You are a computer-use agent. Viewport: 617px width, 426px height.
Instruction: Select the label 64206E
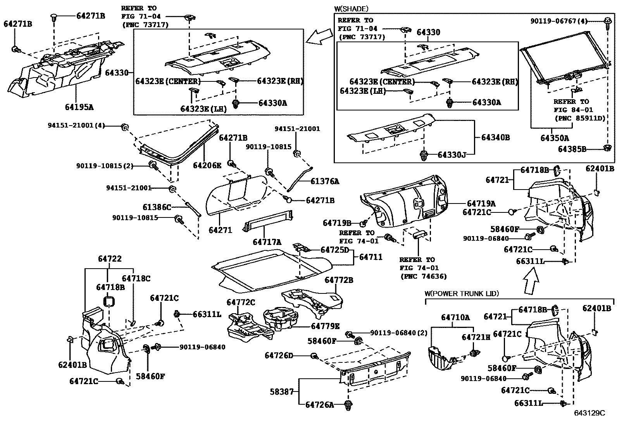click(207, 166)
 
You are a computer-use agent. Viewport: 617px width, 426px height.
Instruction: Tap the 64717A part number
click(267, 242)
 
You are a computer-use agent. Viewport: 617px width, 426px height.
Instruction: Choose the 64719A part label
click(481, 204)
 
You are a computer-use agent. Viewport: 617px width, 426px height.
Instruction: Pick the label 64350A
click(555, 138)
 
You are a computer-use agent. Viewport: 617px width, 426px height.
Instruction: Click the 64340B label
click(495, 137)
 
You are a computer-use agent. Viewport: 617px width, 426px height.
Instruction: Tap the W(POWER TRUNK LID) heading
click(462, 294)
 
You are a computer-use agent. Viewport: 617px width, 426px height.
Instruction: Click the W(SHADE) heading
click(351, 9)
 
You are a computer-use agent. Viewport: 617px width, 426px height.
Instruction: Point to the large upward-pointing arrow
click(531, 281)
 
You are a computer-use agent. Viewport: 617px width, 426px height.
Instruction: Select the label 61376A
click(325, 181)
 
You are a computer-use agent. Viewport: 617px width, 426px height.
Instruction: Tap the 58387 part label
click(282, 392)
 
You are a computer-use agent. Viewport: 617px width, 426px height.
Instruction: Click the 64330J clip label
click(452, 155)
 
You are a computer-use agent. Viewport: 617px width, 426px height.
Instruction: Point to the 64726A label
click(319, 405)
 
